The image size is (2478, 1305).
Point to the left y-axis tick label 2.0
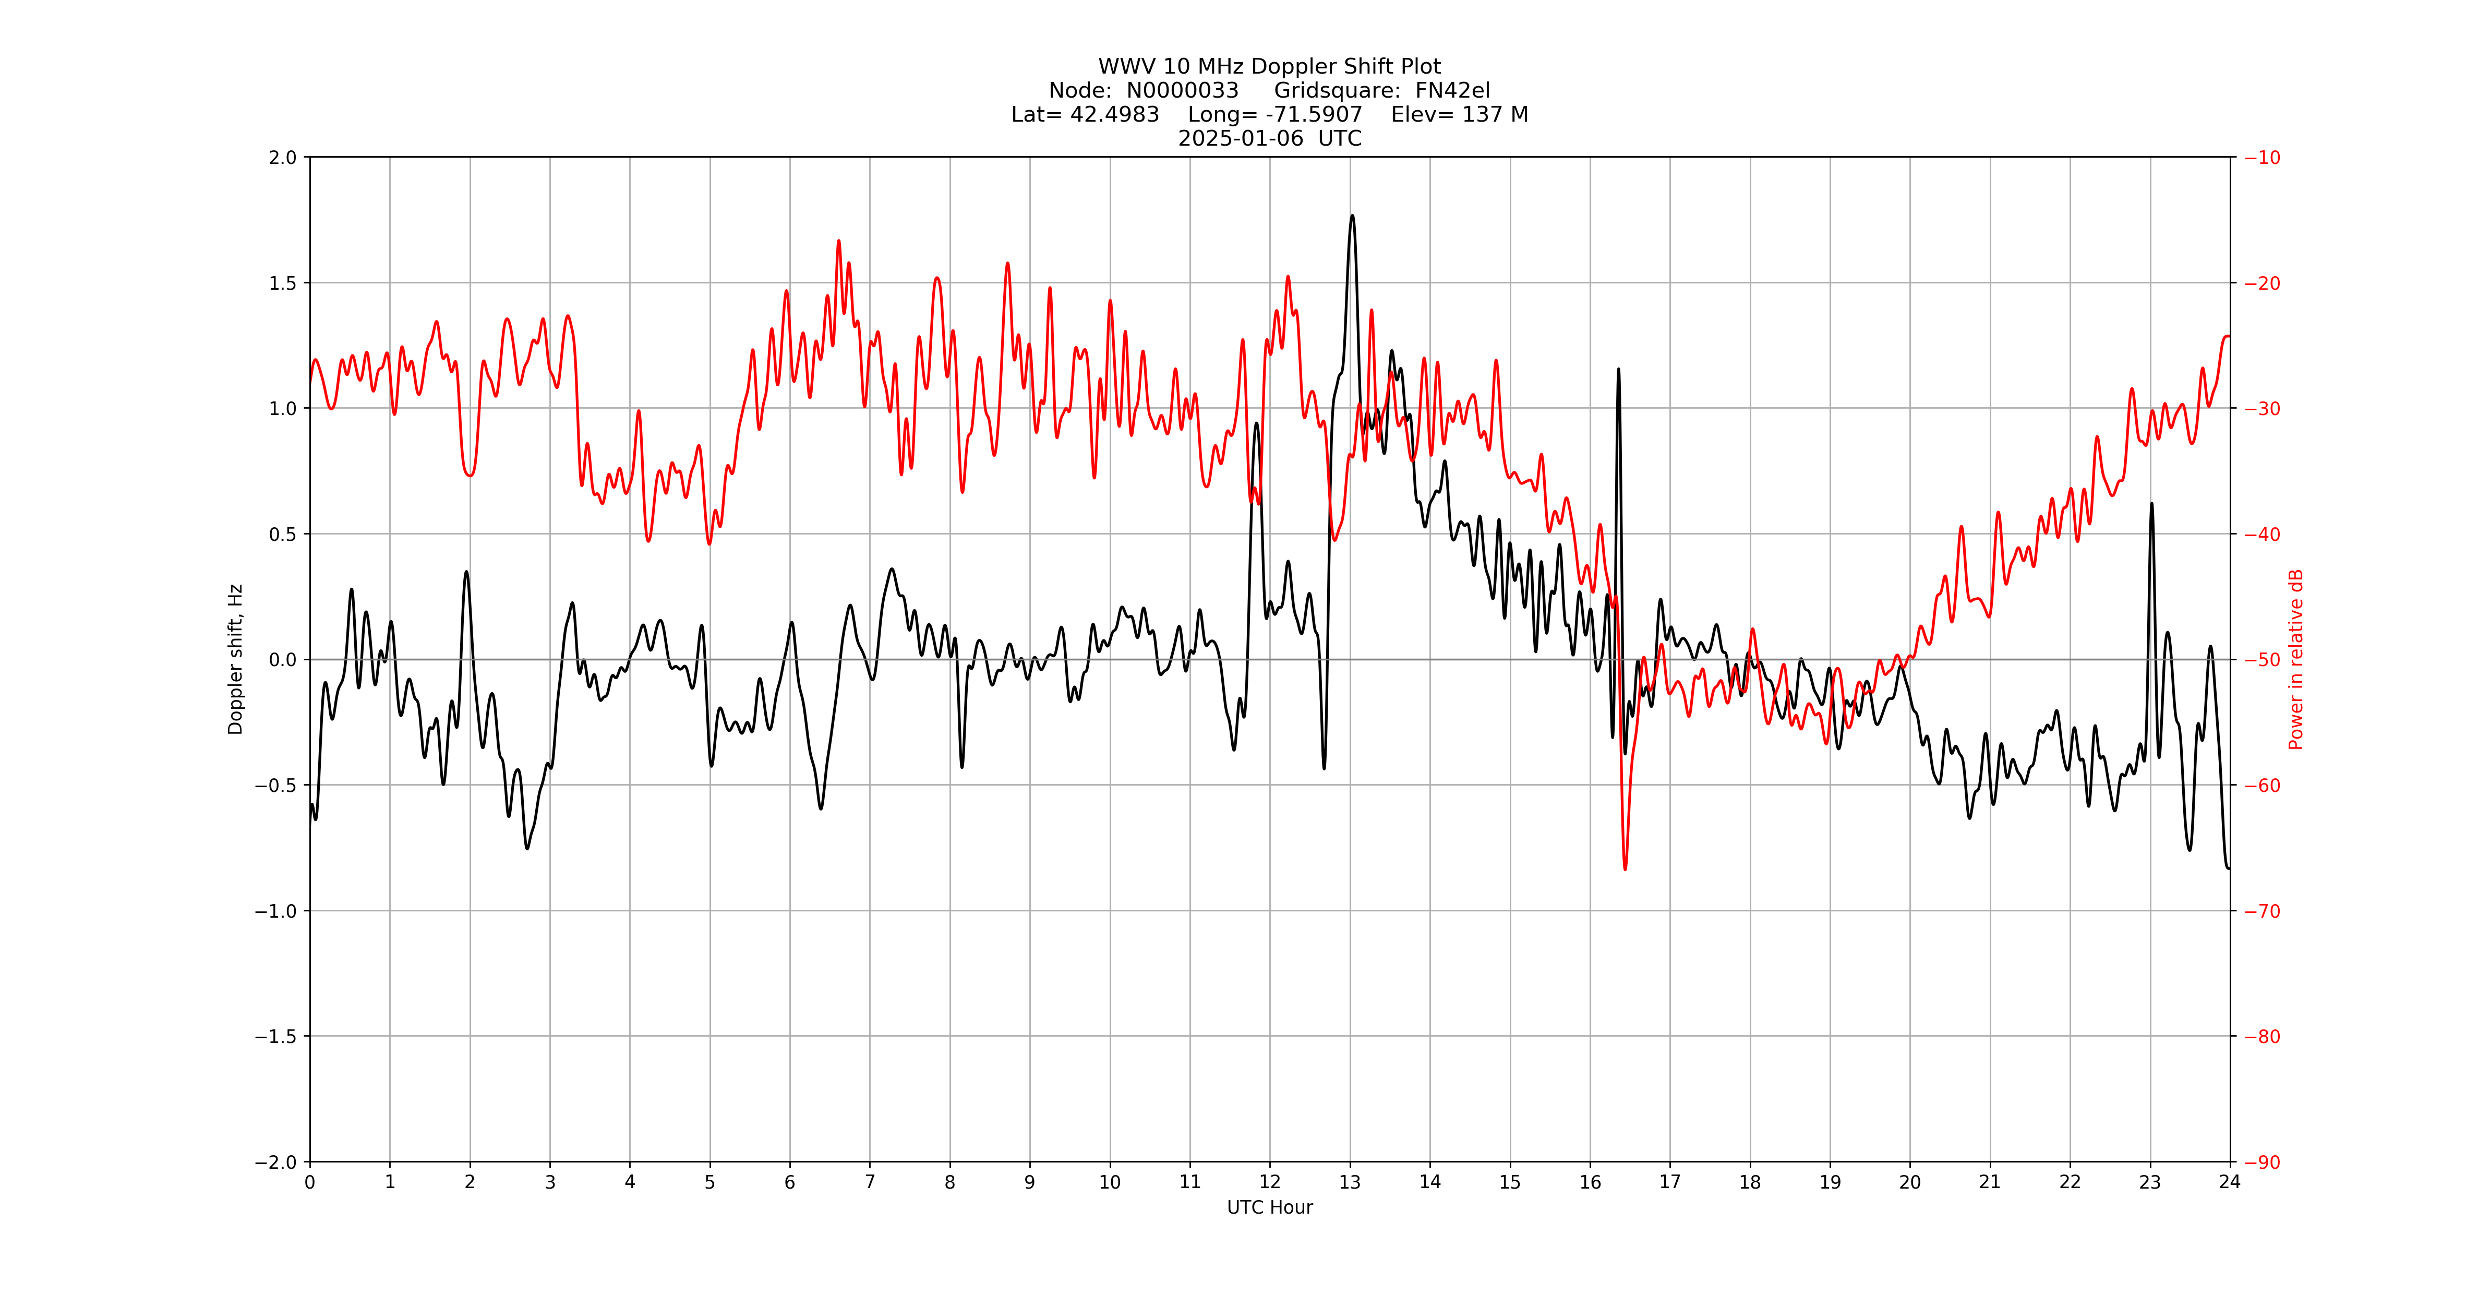pos(283,158)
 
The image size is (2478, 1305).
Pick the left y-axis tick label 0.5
pos(283,534)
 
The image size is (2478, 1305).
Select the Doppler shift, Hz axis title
pos(236,659)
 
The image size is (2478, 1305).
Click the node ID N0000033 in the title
pos(1182,90)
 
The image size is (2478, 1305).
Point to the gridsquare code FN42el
pos(1452,90)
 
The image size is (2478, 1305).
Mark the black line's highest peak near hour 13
pos(1352,216)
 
